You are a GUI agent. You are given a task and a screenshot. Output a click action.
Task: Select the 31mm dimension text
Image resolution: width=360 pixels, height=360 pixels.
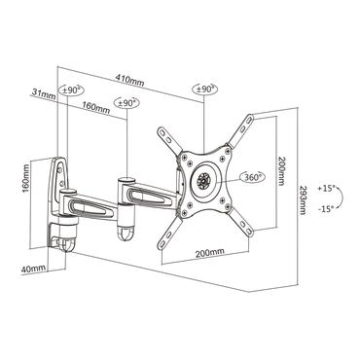tap(42, 93)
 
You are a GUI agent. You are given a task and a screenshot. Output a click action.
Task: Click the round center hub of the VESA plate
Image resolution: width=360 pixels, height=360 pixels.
tap(204, 178)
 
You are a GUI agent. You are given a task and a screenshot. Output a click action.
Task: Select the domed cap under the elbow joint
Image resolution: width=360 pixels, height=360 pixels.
tap(126, 234)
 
